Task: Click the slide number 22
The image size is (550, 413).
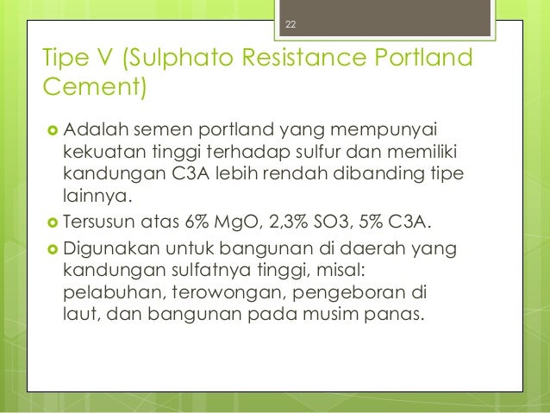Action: point(291,25)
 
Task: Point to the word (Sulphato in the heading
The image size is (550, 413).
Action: point(178,59)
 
